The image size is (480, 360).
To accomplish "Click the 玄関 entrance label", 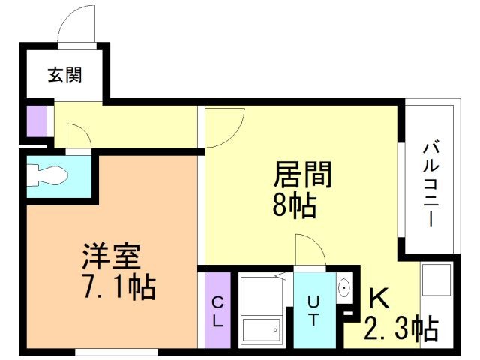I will coord(64,75).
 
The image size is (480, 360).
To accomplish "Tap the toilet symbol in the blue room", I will coord(48,176).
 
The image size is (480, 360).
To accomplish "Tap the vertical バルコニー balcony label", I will coord(430,184).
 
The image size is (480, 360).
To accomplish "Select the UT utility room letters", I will coord(313,310).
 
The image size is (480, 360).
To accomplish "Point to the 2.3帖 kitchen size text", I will coord(401,328).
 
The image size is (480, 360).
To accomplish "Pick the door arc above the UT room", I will coord(310,250).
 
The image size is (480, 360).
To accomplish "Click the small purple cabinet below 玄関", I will coord(36,120).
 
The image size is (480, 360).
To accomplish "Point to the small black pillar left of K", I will coord(346,313).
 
